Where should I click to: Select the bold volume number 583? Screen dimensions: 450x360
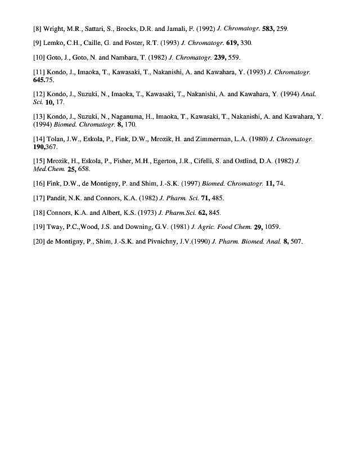268,28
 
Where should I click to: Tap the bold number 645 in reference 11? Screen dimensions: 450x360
41,80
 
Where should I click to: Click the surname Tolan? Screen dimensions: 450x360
58,138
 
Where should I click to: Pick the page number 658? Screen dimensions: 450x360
83,168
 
